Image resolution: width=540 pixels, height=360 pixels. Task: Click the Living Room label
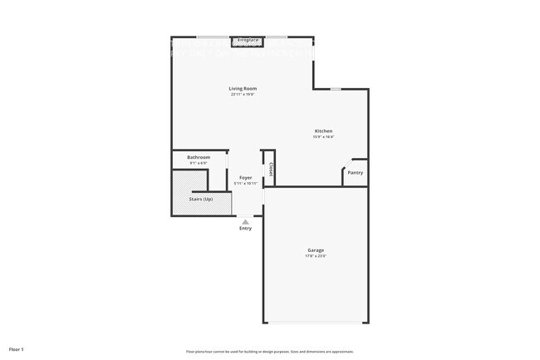[243, 88]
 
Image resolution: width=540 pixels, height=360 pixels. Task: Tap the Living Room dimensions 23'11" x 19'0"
[243, 94]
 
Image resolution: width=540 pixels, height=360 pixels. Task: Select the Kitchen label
[323, 131]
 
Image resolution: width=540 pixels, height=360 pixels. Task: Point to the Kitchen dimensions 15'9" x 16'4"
[323, 136]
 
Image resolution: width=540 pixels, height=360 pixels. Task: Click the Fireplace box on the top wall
[248, 41]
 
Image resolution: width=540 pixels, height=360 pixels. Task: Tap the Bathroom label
[198, 157]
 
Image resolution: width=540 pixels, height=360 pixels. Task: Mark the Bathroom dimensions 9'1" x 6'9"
[198, 163]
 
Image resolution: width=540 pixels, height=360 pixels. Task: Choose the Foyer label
[246, 177]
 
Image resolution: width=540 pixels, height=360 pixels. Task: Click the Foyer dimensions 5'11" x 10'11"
[246, 183]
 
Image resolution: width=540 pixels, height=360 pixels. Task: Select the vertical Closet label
[272, 170]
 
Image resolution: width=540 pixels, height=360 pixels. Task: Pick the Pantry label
[355, 173]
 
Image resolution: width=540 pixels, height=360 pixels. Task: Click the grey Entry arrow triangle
[245, 222]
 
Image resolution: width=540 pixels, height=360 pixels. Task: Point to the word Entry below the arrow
[245, 229]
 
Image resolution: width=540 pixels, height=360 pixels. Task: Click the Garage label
[316, 249]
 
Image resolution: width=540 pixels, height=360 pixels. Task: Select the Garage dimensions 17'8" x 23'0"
[316, 255]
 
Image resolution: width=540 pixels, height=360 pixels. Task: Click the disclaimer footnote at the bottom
[270, 352]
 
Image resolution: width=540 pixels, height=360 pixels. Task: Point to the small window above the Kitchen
[335, 89]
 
